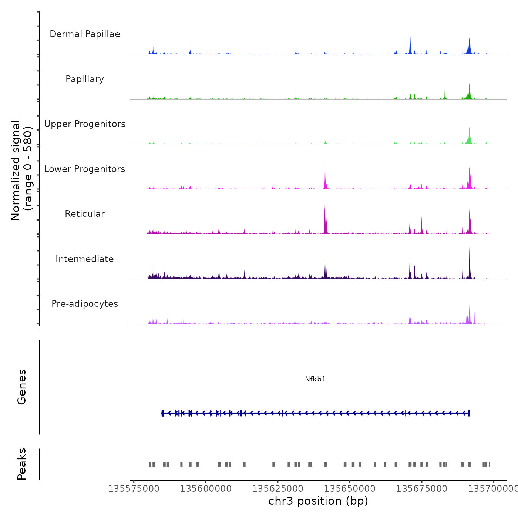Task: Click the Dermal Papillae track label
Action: coord(85,34)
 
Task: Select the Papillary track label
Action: coord(85,79)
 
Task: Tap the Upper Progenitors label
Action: coord(85,124)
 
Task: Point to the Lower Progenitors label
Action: coord(85,169)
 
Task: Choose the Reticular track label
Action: coord(85,214)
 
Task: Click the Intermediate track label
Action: coord(85,259)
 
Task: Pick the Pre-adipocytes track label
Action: coord(85,304)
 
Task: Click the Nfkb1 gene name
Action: coord(315,379)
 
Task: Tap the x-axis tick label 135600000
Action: coord(206,489)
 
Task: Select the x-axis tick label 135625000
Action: coord(277,489)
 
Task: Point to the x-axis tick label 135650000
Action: coord(350,489)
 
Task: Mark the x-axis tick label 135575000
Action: coord(134,489)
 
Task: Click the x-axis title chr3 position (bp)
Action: coord(318,501)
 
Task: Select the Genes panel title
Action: coord(22,387)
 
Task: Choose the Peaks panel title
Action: coord(22,464)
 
